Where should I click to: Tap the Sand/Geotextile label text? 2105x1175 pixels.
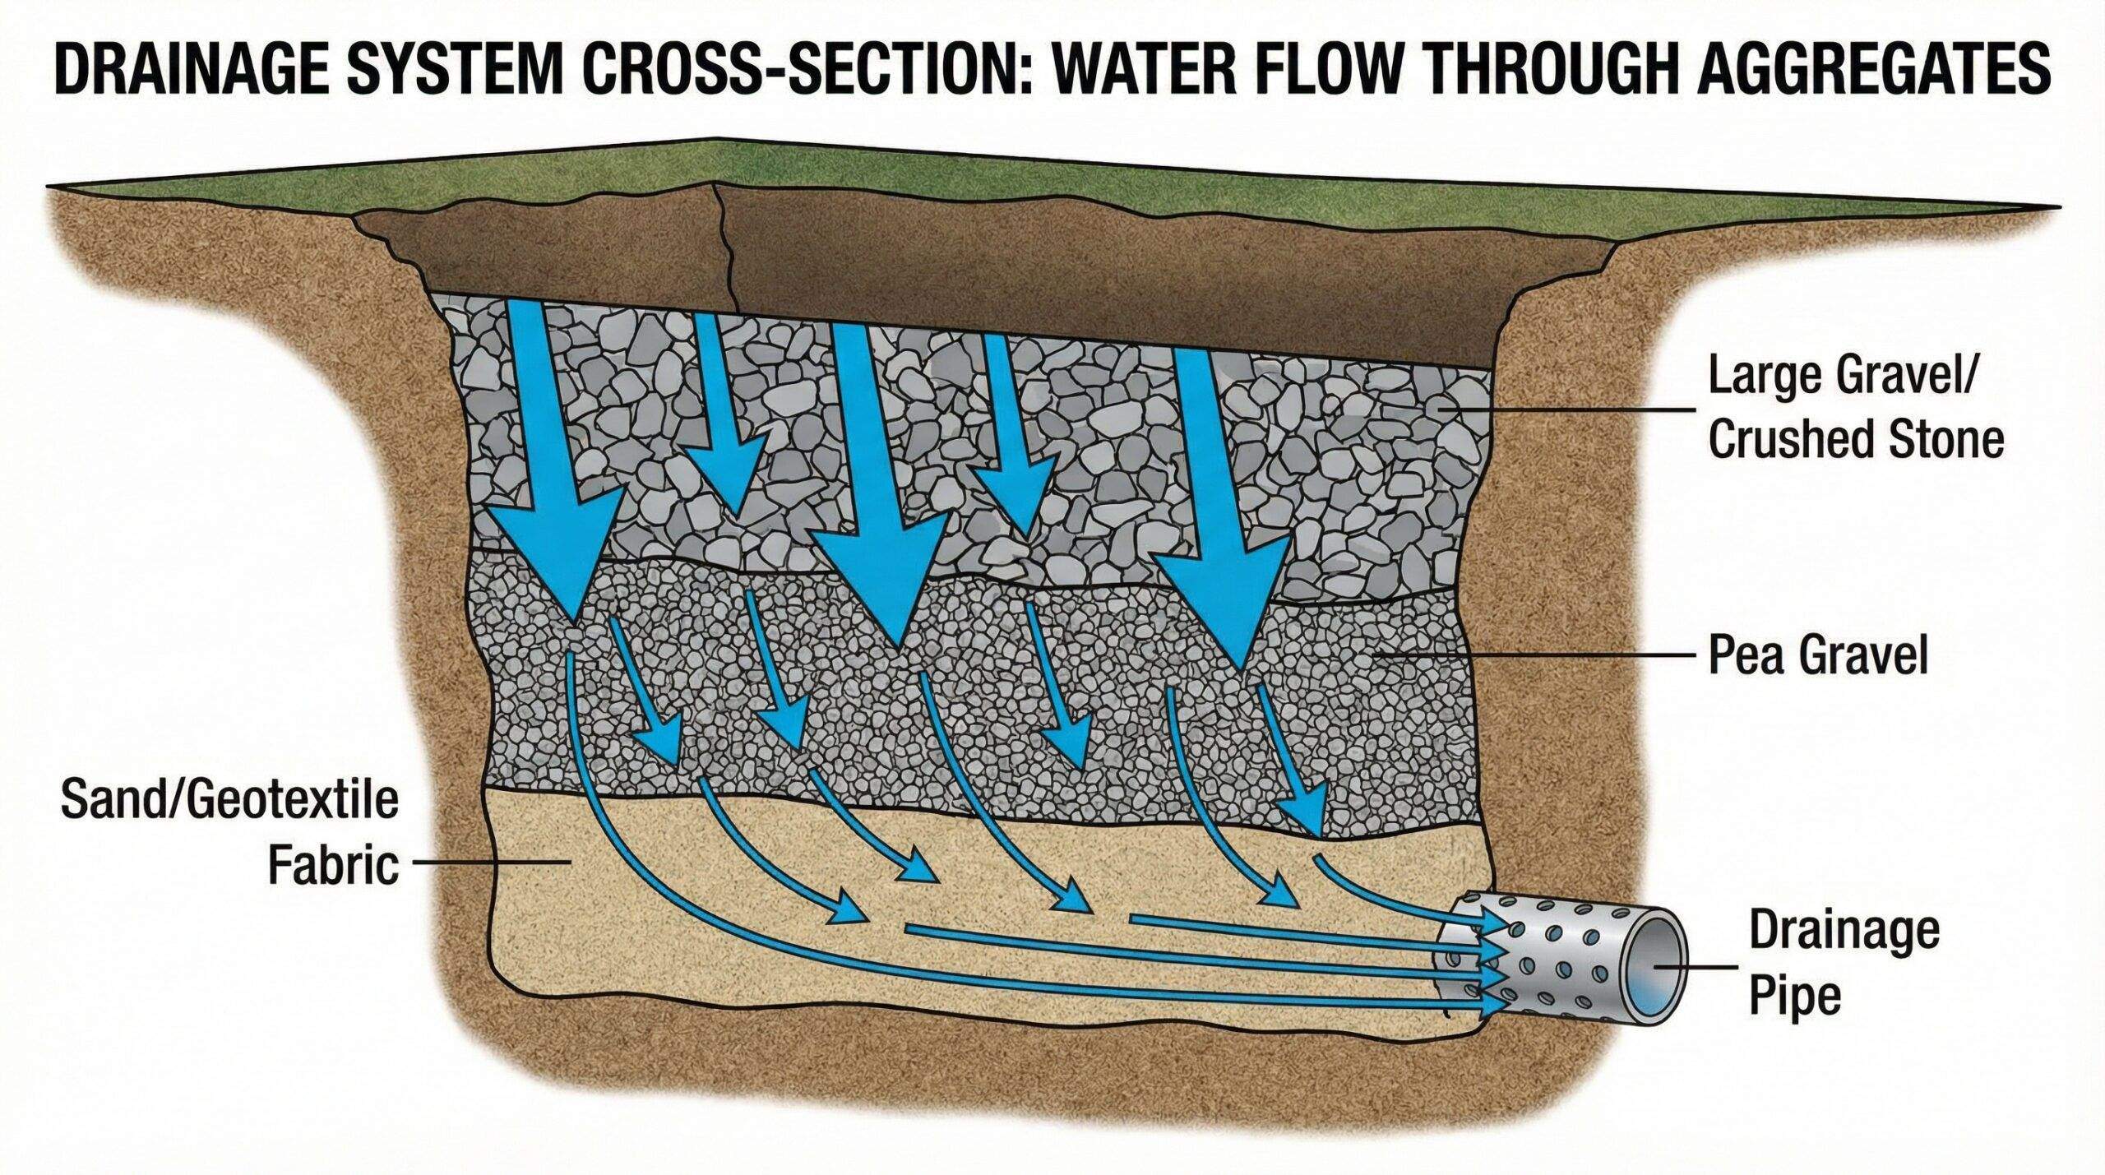[229, 801]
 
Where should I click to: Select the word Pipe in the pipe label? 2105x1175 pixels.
[1793, 997]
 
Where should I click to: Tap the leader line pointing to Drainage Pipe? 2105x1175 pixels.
[1694, 968]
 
